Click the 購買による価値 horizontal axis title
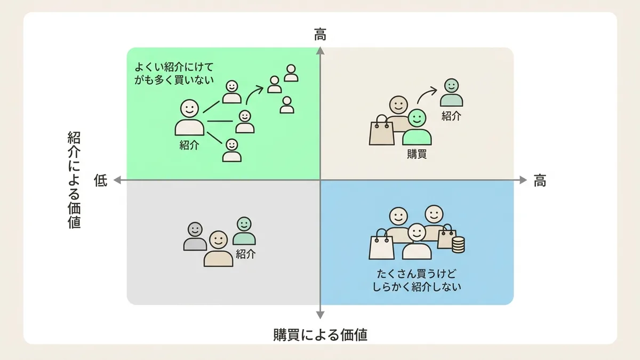click(x=321, y=334)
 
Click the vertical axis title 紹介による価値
click(x=74, y=180)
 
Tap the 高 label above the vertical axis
click(x=320, y=35)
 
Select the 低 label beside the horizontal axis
click(x=101, y=180)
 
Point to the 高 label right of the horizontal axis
click(x=540, y=181)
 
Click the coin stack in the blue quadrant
click(x=458, y=245)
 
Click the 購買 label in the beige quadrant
click(x=417, y=154)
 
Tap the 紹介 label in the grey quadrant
click(x=245, y=254)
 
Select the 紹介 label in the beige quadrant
click(x=451, y=116)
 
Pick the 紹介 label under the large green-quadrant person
click(x=189, y=146)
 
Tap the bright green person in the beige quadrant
click(x=417, y=127)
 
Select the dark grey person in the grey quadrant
click(x=195, y=237)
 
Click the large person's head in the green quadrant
click(x=189, y=108)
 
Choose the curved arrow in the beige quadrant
click(x=427, y=95)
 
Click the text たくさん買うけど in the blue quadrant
click(x=417, y=274)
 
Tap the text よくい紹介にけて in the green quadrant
click(x=174, y=67)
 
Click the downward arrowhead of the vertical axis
click(x=321, y=315)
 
